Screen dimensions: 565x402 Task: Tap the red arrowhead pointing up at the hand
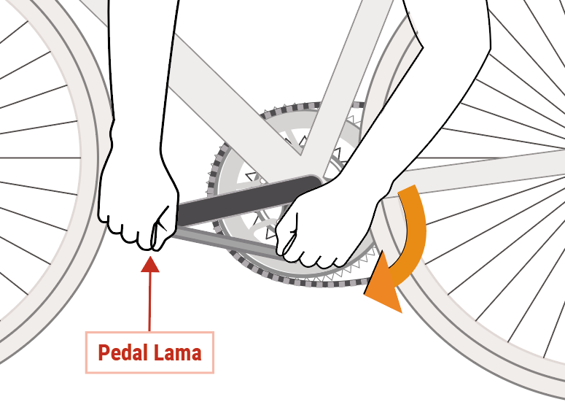click(x=150, y=264)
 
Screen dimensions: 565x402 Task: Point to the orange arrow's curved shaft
click(x=414, y=231)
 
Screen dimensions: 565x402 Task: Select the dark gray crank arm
click(x=249, y=199)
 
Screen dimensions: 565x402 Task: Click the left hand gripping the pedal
click(x=139, y=202)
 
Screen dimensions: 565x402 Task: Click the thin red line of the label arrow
click(x=150, y=301)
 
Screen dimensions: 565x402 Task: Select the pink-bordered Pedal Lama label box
click(x=149, y=352)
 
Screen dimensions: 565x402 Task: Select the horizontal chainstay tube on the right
click(x=479, y=172)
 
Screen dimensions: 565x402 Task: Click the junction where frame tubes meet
click(x=300, y=153)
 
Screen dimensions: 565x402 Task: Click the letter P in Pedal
click(x=104, y=352)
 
